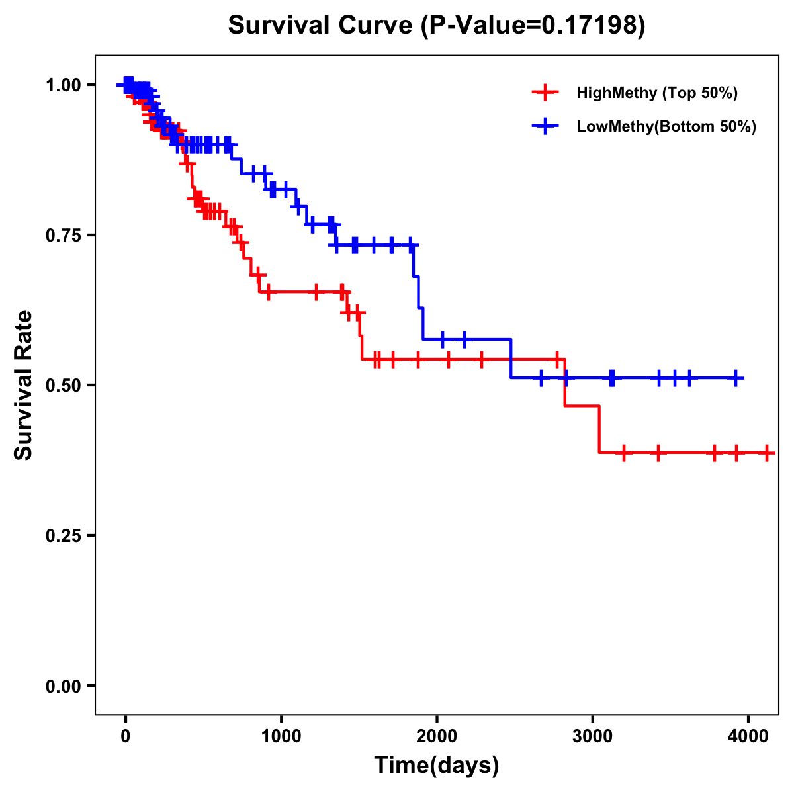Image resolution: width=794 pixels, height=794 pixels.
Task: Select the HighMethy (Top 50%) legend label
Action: (x=656, y=93)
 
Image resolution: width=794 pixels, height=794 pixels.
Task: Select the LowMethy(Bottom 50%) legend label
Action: (x=666, y=126)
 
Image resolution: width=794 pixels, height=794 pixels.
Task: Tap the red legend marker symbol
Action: (x=545, y=93)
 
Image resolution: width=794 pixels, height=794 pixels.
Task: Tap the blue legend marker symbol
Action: (x=545, y=126)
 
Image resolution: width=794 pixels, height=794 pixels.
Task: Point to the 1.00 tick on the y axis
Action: (x=63, y=85)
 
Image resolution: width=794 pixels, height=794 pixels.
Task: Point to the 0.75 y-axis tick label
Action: (x=63, y=235)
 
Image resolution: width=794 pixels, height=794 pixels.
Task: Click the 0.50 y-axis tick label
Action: (x=63, y=385)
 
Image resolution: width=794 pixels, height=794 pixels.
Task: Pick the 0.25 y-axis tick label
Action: (x=63, y=535)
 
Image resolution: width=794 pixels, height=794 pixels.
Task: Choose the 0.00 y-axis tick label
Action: (x=63, y=685)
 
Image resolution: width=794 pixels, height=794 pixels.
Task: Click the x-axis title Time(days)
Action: (x=437, y=766)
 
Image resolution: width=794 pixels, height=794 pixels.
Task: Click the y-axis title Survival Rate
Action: (x=24, y=385)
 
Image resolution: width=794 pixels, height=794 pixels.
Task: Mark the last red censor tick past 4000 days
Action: (x=767, y=453)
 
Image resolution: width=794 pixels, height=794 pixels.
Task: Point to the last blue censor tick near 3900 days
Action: (x=736, y=378)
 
